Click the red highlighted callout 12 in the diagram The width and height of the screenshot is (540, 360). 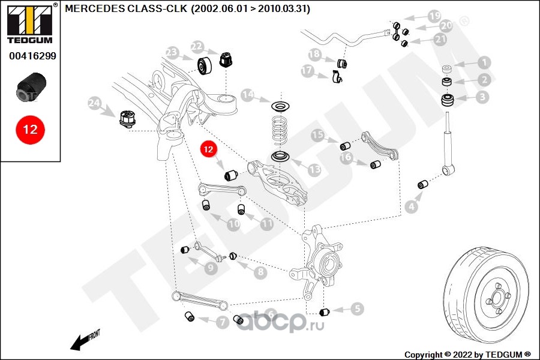(208, 149)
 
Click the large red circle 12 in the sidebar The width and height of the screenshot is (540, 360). (30, 129)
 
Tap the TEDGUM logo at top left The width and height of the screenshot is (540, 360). (30, 24)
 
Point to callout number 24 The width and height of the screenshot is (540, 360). (94, 103)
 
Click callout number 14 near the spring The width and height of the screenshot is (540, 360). (248, 95)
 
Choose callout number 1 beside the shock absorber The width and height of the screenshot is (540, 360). (484, 62)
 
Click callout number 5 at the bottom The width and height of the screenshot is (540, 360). (358, 309)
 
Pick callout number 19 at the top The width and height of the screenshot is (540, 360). (434, 16)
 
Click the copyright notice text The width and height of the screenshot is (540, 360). (467, 354)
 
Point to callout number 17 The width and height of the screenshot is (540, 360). (308, 71)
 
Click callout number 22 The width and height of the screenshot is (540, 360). (197, 46)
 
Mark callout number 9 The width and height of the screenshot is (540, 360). (211, 268)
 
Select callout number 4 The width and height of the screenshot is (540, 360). (411, 207)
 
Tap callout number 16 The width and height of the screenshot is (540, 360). (346, 158)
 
